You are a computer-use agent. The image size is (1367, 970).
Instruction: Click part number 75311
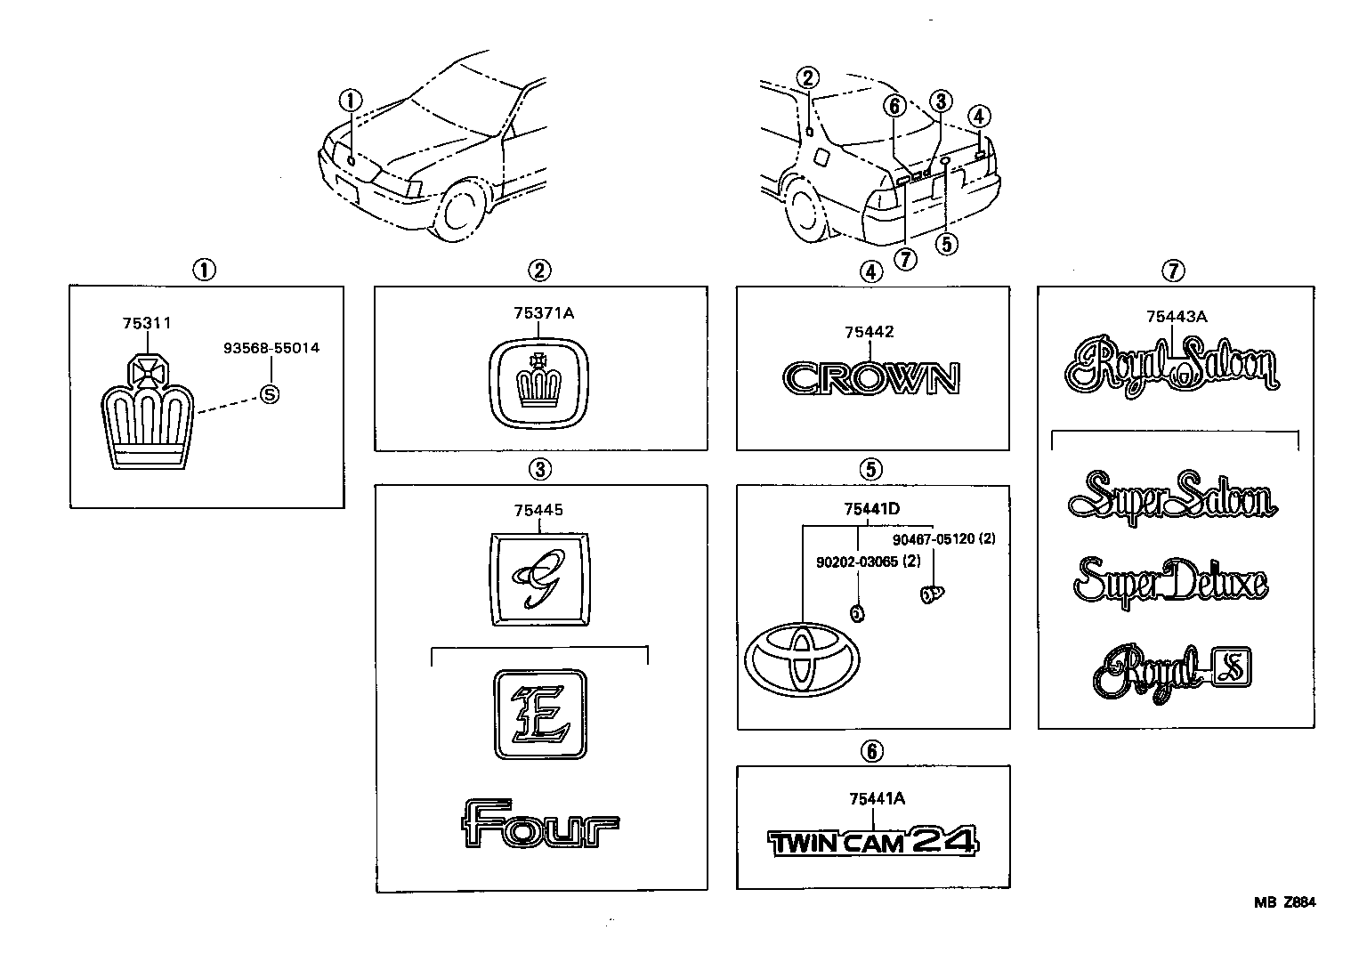point(147,324)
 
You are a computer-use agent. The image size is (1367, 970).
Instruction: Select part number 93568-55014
point(271,348)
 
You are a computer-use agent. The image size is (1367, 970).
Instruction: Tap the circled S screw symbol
point(268,393)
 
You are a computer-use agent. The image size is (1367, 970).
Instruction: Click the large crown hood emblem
point(147,419)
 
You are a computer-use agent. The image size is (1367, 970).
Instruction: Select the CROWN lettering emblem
point(871,379)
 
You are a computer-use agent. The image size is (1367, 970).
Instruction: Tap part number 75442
point(870,333)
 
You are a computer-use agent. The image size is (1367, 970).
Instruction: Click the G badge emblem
point(539,578)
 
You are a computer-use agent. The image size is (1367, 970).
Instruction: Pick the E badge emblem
point(539,714)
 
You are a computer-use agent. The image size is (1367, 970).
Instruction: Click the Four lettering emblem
point(539,824)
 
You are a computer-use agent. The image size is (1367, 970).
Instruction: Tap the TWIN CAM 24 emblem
point(872,841)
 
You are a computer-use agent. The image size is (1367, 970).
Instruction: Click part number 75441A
point(877,799)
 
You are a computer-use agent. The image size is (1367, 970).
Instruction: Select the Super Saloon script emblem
point(1171,498)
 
